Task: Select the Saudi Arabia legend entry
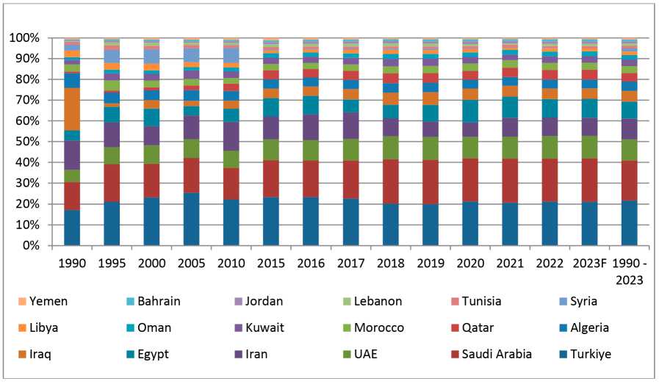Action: (x=489, y=354)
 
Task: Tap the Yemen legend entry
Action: (x=44, y=301)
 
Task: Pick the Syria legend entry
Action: (x=576, y=301)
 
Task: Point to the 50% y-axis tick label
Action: (x=27, y=142)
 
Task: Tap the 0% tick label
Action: (x=30, y=245)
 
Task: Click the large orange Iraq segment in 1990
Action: (x=72, y=109)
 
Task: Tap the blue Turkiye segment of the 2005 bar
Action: (x=192, y=219)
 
